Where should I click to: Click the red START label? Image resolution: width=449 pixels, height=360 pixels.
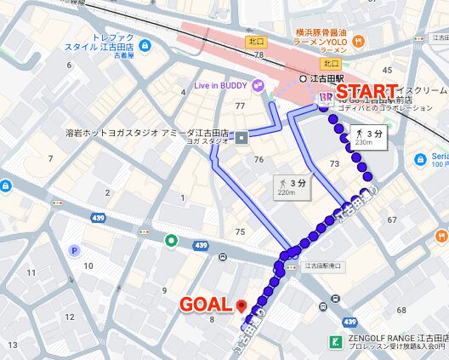[367, 91]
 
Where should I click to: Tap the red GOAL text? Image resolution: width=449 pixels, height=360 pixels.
[204, 304]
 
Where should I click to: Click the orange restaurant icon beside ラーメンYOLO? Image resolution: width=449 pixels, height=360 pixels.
[358, 40]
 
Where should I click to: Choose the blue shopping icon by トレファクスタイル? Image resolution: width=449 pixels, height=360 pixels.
[145, 45]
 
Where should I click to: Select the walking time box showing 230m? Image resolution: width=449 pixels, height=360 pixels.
[363, 138]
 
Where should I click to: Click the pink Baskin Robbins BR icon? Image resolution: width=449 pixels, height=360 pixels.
[324, 99]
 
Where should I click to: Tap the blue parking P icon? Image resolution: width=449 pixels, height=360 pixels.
[74, 251]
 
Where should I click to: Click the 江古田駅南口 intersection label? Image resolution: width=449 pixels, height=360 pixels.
[321, 266]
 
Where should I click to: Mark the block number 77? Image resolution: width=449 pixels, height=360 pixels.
[240, 106]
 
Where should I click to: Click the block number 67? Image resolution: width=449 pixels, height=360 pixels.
[393, 220]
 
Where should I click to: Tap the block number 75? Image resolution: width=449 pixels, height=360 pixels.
[241, 231]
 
